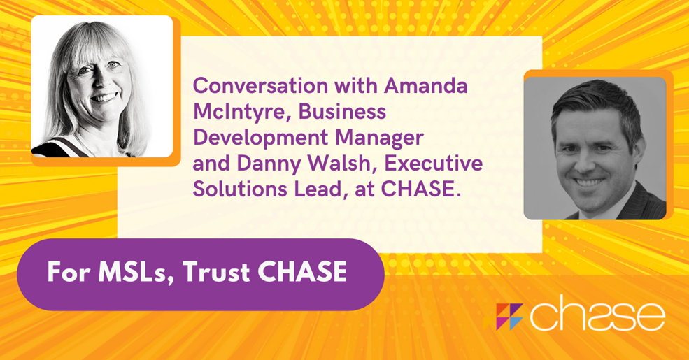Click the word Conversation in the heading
[x=261, y=85]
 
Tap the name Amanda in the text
[x=426, y=85]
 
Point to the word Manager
[x=380, y=138]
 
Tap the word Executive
[x=433, y=164]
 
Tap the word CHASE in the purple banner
[x=302, y=272]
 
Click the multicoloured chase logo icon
[x=504, y=317]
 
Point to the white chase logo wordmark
[x=597, y=315]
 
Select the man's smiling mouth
[x=589, y=182]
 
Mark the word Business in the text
[x=342, y=112]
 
